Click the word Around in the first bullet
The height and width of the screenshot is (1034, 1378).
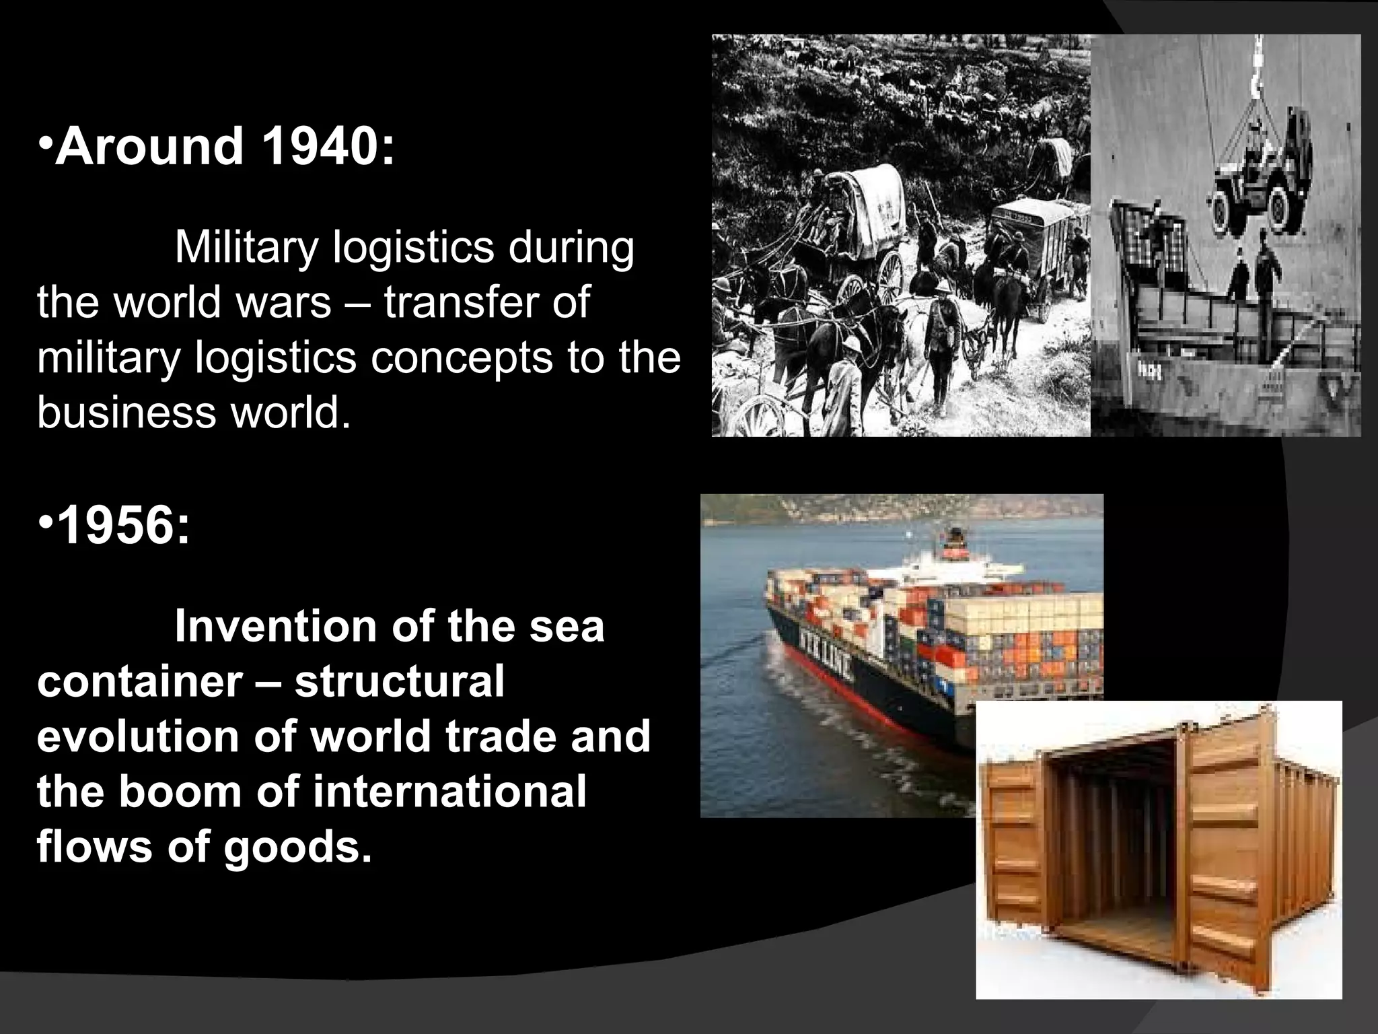[x=149, y=147]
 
